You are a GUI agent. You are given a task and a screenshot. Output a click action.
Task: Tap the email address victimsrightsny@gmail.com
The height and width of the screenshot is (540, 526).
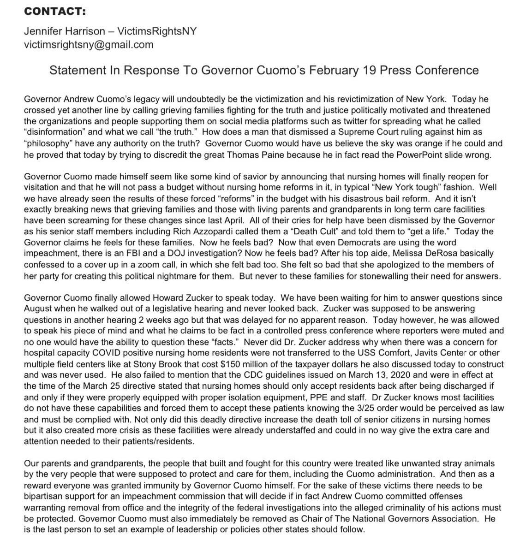[88, 45]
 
